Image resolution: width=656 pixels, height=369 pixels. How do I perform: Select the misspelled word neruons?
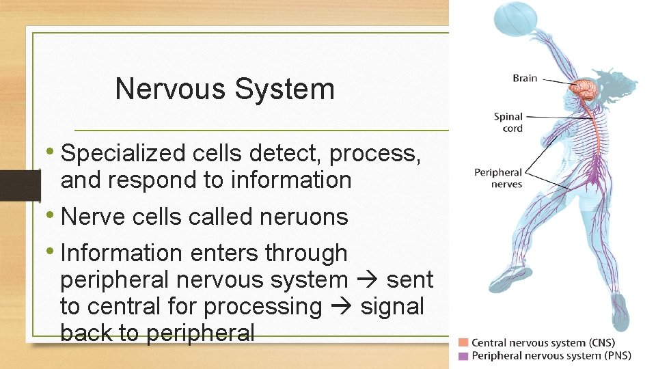[304, 217]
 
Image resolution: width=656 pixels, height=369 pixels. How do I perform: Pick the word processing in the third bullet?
[263, 307]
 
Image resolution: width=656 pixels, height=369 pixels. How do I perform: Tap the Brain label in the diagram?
[524, 78]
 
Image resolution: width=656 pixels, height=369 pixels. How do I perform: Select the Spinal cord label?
[510, 122]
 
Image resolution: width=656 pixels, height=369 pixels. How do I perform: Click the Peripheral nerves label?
[498, 178]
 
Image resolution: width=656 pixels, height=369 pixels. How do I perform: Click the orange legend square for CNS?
[464, 342]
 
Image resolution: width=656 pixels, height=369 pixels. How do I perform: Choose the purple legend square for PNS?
[464, 355]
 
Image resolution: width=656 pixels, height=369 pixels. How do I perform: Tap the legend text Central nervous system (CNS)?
[543, 342]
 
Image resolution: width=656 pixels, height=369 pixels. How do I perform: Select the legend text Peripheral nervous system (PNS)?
[551, 355]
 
